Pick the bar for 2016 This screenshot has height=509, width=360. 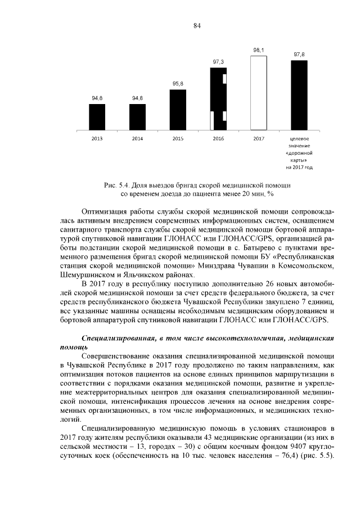pyautogui.click(x=218, y=99)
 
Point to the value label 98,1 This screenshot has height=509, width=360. pyautogui.click(x=259, y=50)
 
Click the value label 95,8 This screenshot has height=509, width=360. pyautogui.click(x=178, y=83)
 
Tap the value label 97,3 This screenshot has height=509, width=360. pyautogui.click(x=218, y=61)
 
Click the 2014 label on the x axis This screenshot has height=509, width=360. pyautogui.click(x=137, y=138)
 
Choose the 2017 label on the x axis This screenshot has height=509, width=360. pyautogui.click(x=258, y=138)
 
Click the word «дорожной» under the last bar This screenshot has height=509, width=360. pyautogui.click(x=299, y=152)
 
